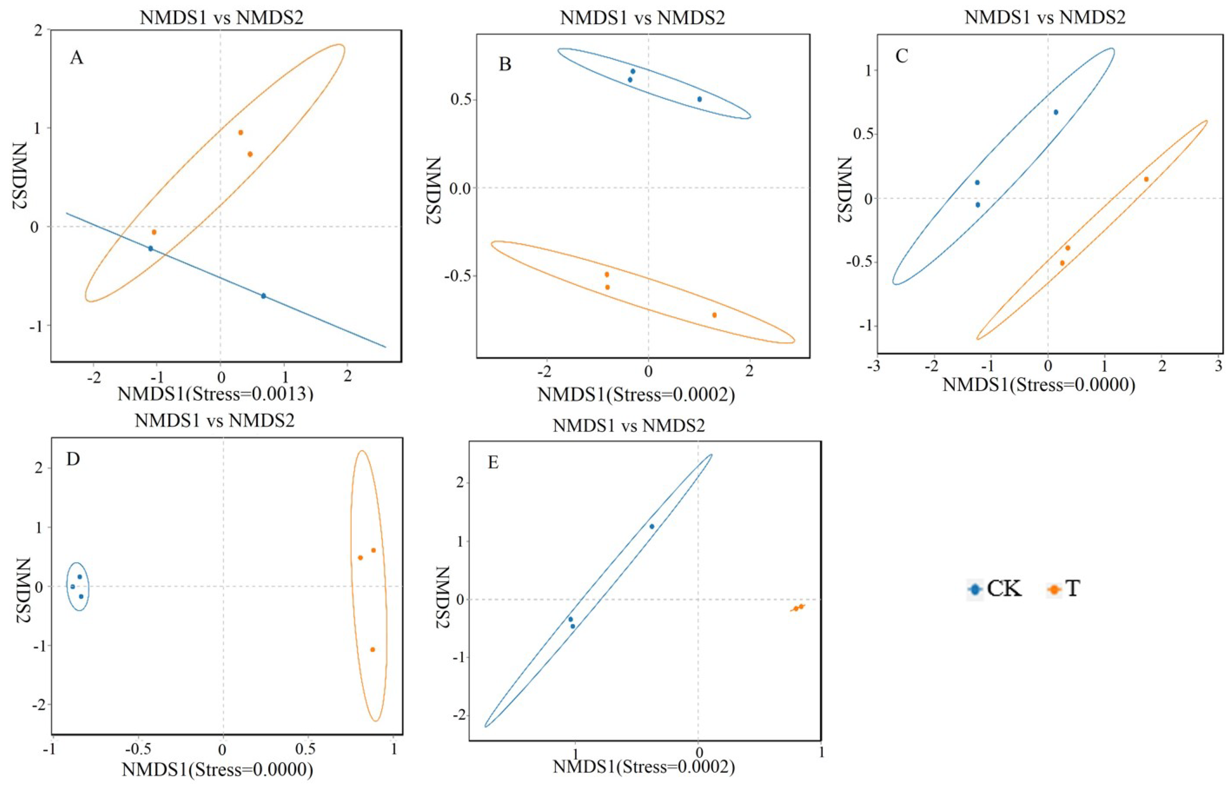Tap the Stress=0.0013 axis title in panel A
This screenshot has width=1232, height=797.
(x=215, y=395)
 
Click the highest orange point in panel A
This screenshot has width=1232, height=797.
(x=241, y=133)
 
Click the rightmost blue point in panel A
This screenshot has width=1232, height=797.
(x=263, y=296)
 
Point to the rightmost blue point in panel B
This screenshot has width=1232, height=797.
(x=699, y=99)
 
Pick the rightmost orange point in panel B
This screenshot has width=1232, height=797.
(x=714, y=315)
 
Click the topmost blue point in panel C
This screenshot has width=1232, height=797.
(x=1056, y=112)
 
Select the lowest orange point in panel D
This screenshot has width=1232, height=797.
(x=372, y=649)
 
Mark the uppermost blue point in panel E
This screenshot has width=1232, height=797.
(x=652, y=526)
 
